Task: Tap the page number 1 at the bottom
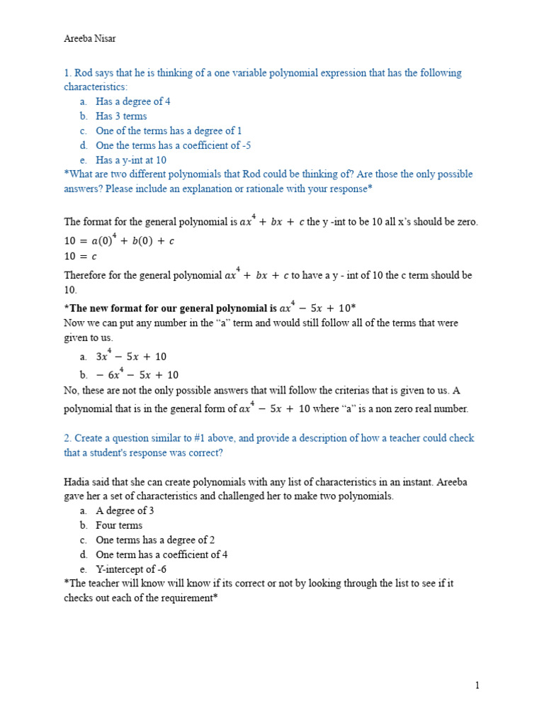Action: click(477, 685)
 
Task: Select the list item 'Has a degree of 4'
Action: click(133, 101)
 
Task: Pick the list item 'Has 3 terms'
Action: click(121, 116)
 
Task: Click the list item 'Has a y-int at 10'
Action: click(131, 160)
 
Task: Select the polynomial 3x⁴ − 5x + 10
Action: click(132, 356)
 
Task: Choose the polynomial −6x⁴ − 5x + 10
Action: click(137, 374)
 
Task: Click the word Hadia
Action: click(78, 482)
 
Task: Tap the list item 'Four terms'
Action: click(119, 525)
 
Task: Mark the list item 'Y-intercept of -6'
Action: click(131, 569)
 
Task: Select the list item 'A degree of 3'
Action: click(125, 510)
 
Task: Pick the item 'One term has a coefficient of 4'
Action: click(161, 554)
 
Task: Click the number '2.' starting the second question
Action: click(68, 438)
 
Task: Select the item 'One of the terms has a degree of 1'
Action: click(169, 130)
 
